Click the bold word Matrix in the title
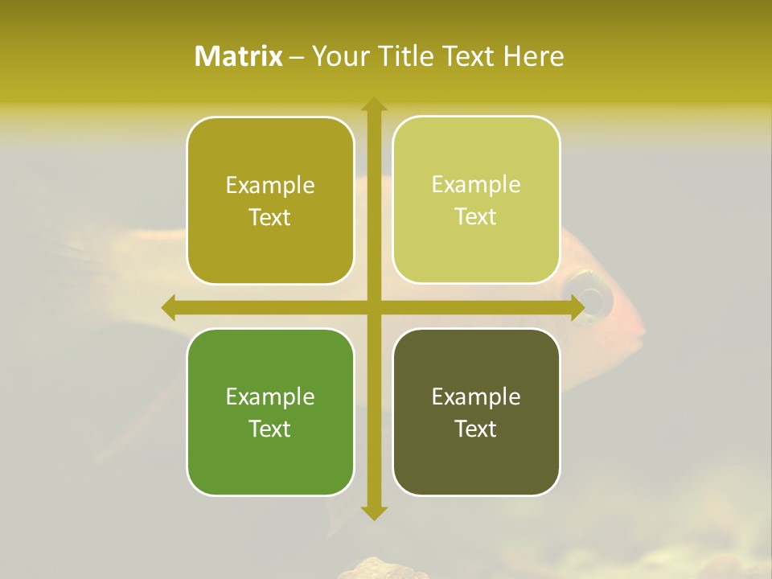point(239,56)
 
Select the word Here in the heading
point(533,56)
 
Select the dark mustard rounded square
point(270,200)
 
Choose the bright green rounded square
point(270,412)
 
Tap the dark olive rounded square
point(476,412)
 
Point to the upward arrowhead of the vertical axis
point(373,105)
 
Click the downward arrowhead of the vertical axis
point(373,512)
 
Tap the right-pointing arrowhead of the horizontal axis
point(577,307)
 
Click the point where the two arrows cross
point(373,307)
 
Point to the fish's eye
point(591,299)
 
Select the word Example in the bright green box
point(270,396)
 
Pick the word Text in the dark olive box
point(476,429)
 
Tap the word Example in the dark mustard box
point(270,185)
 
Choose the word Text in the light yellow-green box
point(476,216)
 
